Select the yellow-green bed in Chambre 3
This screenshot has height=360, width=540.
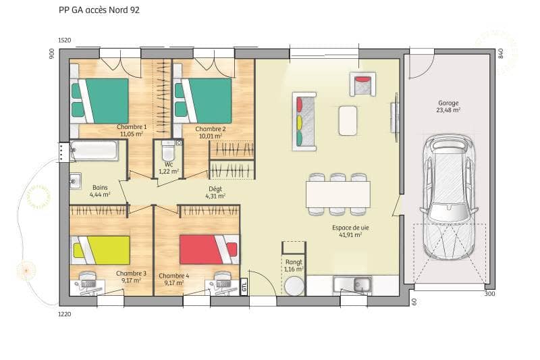click(x=101, y=250)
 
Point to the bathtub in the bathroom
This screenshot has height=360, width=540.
click(x=94, y=151)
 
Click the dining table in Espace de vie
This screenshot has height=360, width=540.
click(x=337, y=195)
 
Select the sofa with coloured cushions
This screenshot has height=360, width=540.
click(x=304, y=121)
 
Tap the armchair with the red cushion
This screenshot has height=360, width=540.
click(x=362, y=86)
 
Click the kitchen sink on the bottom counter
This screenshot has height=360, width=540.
click(x=352, y=285)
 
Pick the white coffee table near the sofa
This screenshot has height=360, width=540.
click(x=348, y=121)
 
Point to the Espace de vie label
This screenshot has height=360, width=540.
click(x=350, y=232)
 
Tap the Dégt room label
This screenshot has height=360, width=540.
click(x=215, y=192)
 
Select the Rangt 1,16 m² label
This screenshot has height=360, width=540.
click(x=294, y=265)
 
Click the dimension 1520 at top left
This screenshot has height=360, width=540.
click(x=65, y=41)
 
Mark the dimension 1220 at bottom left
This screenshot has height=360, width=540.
click(x=64, y=314)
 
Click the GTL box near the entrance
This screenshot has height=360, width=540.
click(x=244, y=288)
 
